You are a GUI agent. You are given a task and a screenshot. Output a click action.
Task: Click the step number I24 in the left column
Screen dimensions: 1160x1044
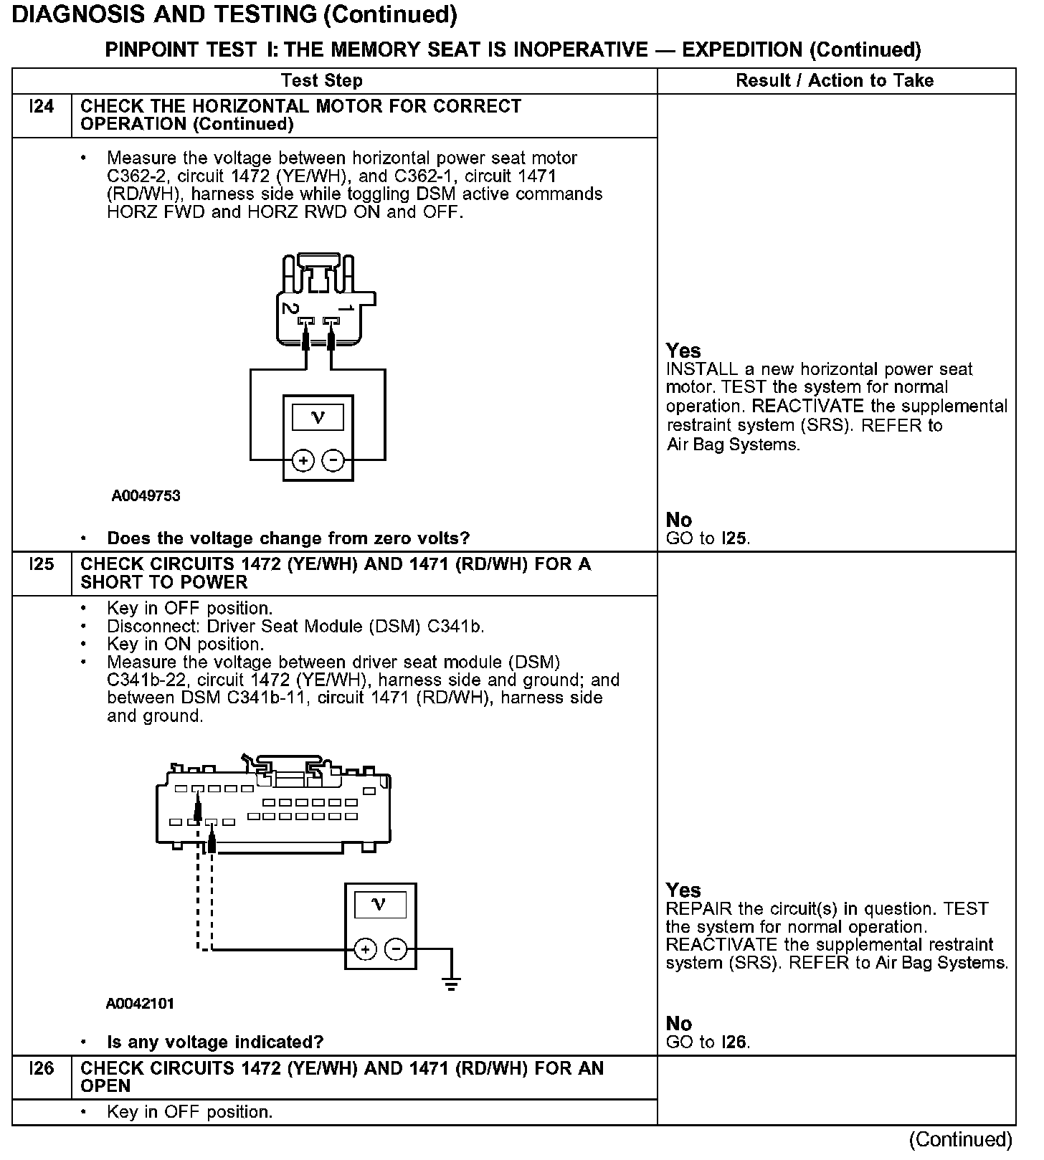click(x=42, y=107)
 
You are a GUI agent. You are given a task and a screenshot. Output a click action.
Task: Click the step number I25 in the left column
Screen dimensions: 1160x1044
click(x=42, y=565)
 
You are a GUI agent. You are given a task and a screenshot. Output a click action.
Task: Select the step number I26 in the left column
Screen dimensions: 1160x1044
click(x=42, y=1069)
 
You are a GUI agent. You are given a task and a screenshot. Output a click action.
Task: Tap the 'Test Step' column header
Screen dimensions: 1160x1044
click(x=322, y=80)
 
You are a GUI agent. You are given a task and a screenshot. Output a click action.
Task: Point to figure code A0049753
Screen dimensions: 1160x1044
click(x=146, y=496)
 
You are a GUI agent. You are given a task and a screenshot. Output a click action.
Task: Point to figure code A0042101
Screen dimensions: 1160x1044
click(x=140, y=1004)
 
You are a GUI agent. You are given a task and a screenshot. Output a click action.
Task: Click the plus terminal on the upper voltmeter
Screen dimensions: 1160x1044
click(x=303, y=460)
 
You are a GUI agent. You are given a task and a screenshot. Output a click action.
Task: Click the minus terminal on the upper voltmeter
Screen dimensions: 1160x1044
click(x=333, y=460)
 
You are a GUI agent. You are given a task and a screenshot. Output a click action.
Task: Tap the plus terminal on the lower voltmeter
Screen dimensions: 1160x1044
click(x=366, y=950)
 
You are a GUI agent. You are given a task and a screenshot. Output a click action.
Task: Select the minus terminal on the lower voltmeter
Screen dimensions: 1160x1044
click(x=396, y=950)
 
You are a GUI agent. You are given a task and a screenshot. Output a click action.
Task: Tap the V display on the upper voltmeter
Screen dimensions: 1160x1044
click(x=318, y=417)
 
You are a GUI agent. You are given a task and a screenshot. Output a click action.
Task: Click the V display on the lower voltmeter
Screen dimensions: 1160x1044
click(x=380, y=905)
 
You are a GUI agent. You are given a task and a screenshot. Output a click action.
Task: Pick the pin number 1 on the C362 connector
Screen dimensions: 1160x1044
click(x=346, y=308)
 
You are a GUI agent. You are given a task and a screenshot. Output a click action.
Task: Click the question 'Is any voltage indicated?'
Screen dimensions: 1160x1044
click(x=215, y=1042)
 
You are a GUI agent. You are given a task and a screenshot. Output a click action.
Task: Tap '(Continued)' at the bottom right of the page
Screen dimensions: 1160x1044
click(x=960, y=1139)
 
